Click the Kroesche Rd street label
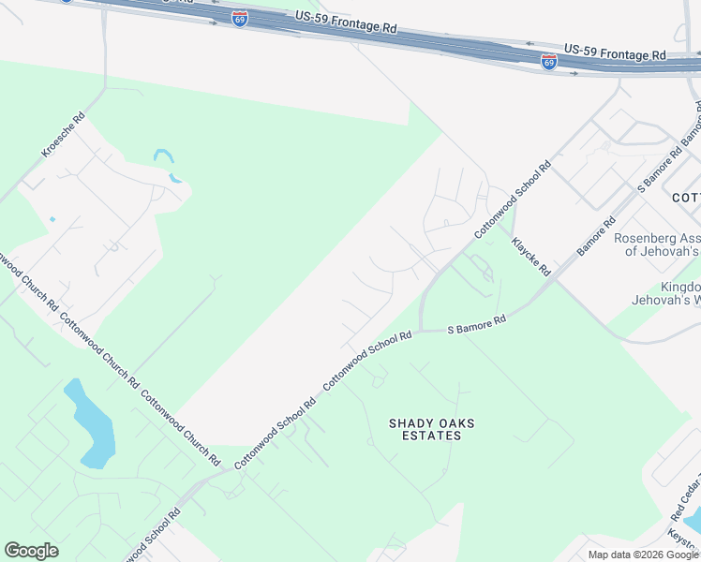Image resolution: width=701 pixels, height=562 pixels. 64,135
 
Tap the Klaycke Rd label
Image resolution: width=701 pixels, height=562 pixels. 530,257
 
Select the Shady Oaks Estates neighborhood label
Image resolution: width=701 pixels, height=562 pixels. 431,429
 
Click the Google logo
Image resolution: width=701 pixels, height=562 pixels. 31,551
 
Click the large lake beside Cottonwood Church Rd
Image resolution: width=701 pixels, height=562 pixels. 92,426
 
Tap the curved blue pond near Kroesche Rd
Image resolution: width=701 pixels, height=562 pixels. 166,164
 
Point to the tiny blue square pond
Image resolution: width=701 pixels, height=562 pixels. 52,219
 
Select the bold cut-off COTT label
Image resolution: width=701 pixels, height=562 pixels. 686,198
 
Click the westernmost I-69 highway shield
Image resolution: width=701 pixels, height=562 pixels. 241,19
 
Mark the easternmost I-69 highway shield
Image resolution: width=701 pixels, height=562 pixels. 549,62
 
